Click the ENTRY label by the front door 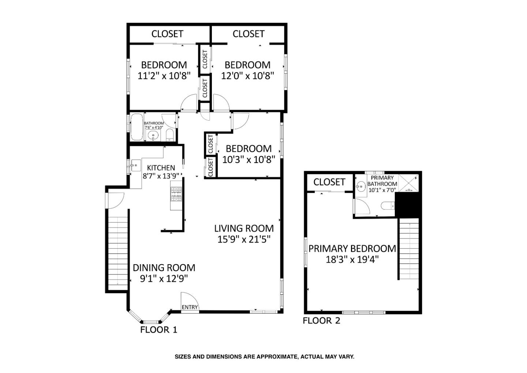(190, 307)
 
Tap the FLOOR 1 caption (158, 330)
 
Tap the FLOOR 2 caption (321, 321)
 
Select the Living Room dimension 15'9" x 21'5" (244, 239)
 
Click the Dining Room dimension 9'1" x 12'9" (164, 278)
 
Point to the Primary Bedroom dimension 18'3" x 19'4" (352, 260)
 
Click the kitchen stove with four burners (176, 194)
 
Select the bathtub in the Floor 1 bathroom (137, 127)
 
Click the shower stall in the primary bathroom (409, 183)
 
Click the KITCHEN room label (161, 168)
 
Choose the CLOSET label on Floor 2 (329, 182)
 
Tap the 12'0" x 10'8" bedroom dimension (248, 76)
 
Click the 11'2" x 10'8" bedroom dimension (164, 76)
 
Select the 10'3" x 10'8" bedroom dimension (248, 160)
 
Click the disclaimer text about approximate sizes (264, 357)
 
